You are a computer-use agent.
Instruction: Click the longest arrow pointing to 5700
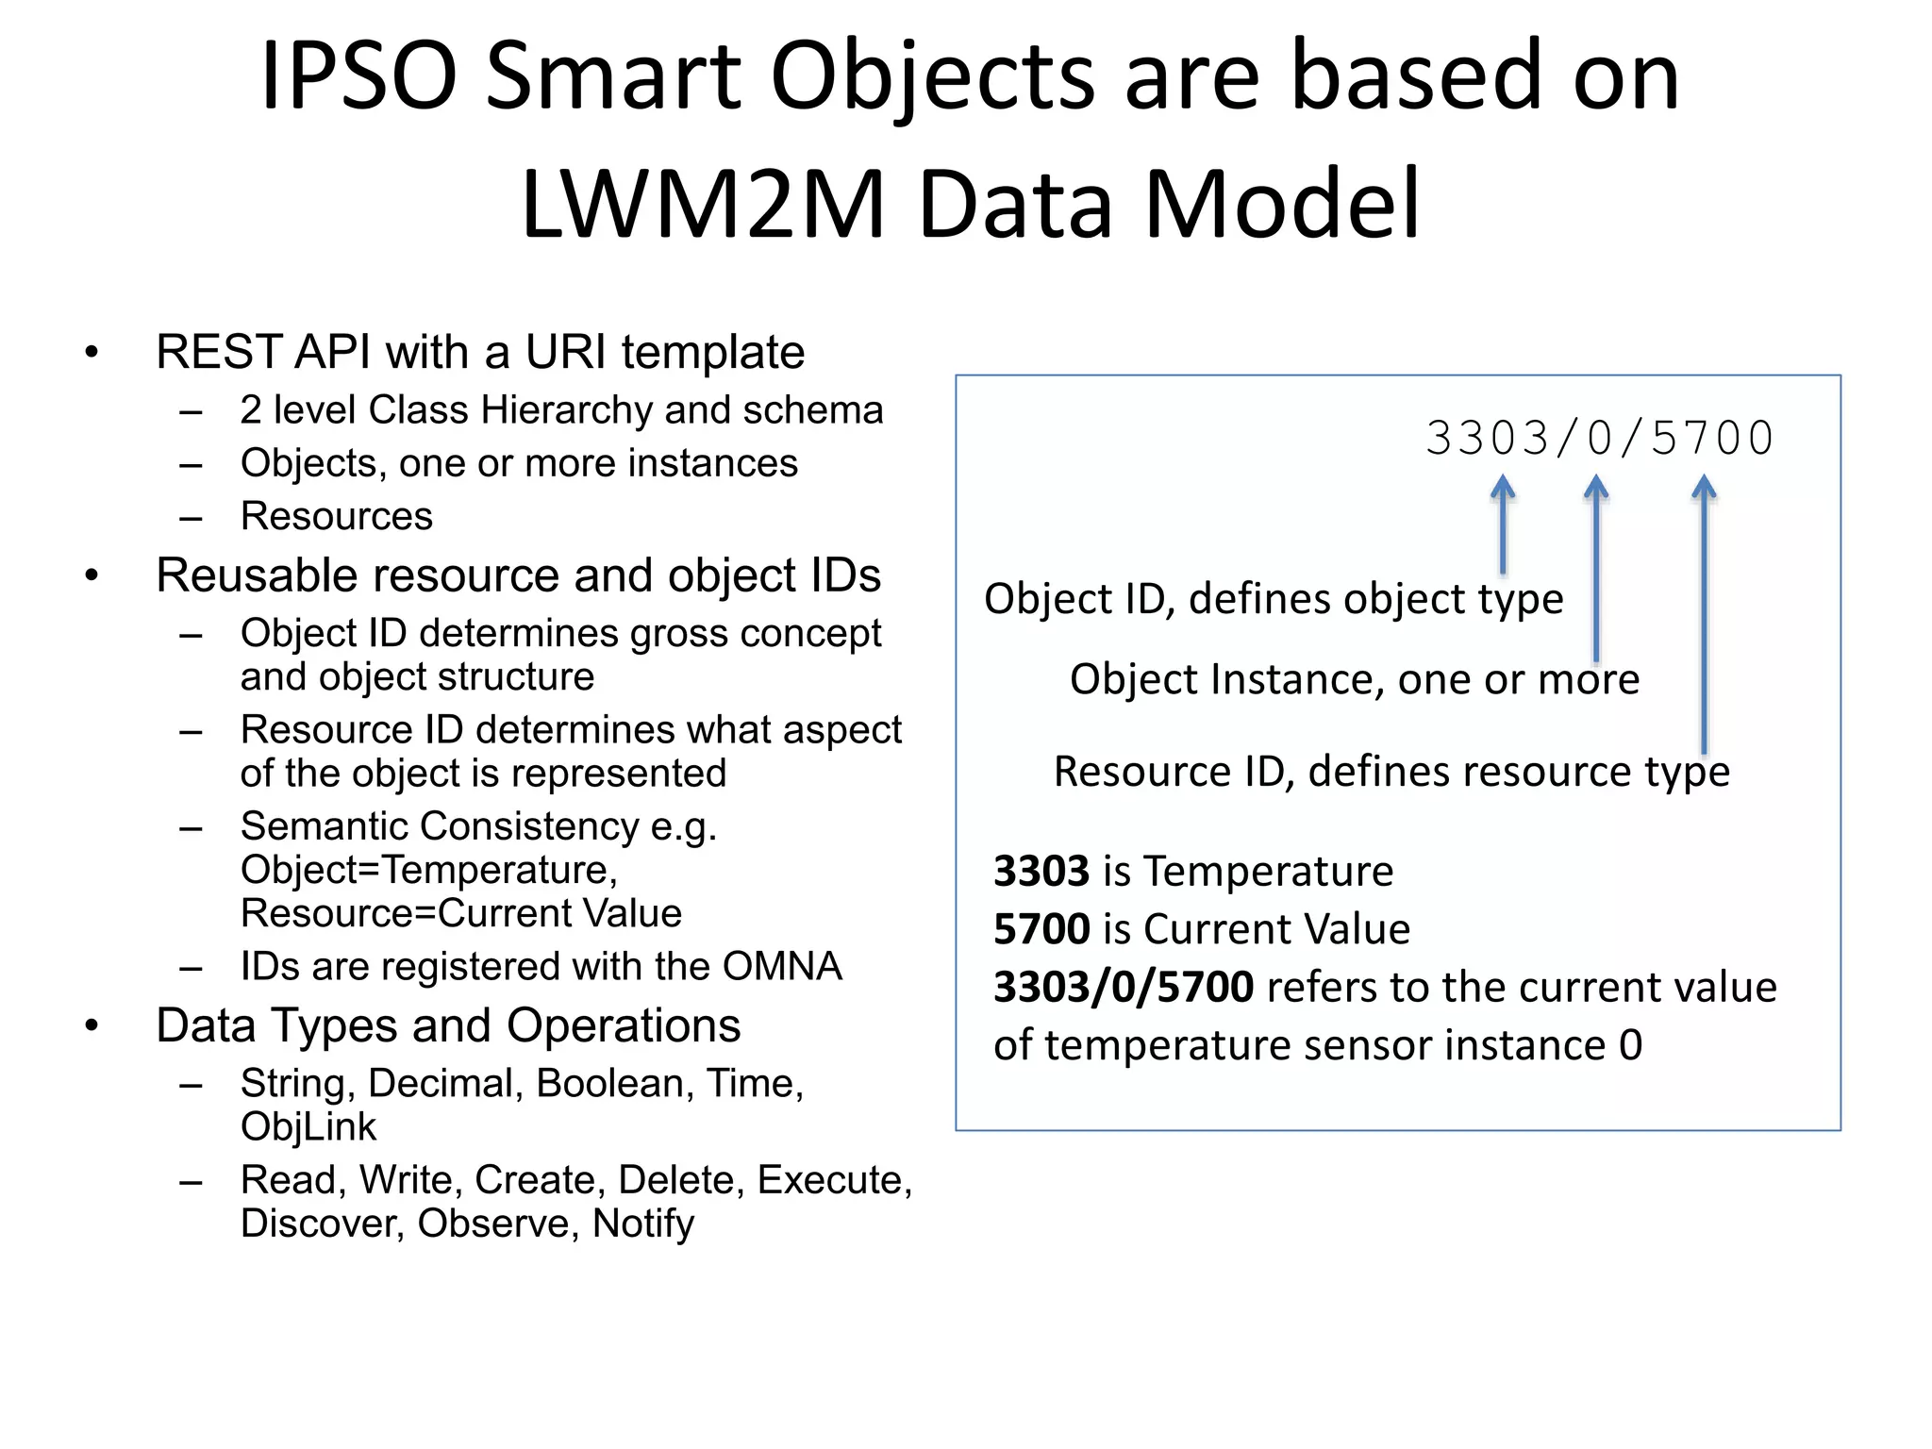(1704, 613)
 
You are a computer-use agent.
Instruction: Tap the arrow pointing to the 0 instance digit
(1595, 566)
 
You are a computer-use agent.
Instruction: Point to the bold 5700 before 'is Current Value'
(1041, 929)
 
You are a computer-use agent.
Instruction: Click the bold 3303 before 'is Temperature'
(1041, 871)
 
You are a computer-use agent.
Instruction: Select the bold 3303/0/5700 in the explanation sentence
(1124, 988)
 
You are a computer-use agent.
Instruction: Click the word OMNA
(782, 966)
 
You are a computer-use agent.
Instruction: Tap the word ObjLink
(308, 1127)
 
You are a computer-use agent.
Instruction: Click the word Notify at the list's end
(642, 1224)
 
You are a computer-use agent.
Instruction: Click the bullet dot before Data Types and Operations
(92, 1025)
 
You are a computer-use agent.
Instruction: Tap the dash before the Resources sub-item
(192, 518)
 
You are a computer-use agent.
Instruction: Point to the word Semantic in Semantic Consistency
(325, 826)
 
